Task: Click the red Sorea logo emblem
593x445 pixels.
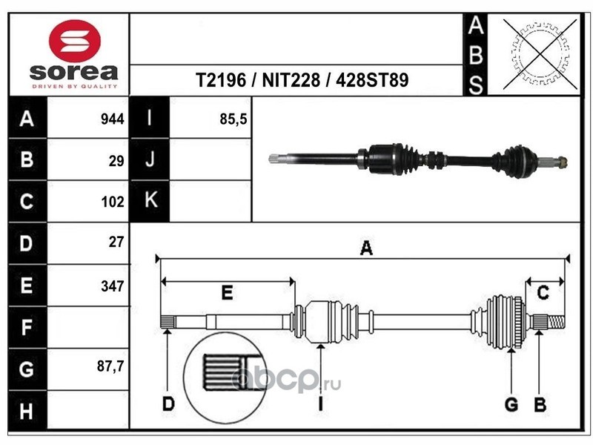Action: [x=75, y=41]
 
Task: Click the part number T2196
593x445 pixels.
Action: [x=220, y=80]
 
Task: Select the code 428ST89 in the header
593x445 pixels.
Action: [x=372, y=80]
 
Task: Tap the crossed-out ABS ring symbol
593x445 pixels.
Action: [x=540, y=53]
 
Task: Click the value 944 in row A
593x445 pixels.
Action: [x=113, y=119]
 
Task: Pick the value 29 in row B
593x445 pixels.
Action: [x=116, y=161]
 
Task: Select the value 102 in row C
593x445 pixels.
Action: [x=113, y=202]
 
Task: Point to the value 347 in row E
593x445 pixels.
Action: [x=113, y=286]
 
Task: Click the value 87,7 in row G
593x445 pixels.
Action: [x=110, y=366]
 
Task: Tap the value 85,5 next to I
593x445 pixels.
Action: [x=233, y=119]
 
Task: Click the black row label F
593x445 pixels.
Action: [x=27, y=327]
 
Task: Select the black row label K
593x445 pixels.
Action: [x=150, y=200]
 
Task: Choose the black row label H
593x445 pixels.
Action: [x=27, y=411]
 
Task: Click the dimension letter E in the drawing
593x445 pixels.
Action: [x=227, y=293]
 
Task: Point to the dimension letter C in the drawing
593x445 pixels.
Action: [x=543, y=293]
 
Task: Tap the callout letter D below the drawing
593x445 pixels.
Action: [x=168, y=404]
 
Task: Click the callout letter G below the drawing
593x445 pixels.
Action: [x=511, y=404]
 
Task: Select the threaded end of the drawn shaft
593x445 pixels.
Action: [x=556, y=322]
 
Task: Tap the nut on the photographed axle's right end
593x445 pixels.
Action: [x=562, y=162]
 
